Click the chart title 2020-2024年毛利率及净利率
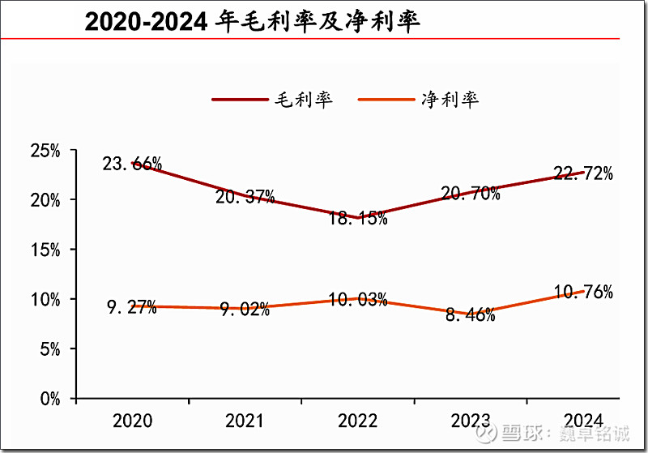(253, 21)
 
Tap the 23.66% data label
(132, 164)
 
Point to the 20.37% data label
(245, 196)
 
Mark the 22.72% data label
(582, 173)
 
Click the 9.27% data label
(130, 308)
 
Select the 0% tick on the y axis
(49, 399)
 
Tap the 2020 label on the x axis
(132, 421)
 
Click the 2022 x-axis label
(357, 421)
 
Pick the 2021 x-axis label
(245, 421)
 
